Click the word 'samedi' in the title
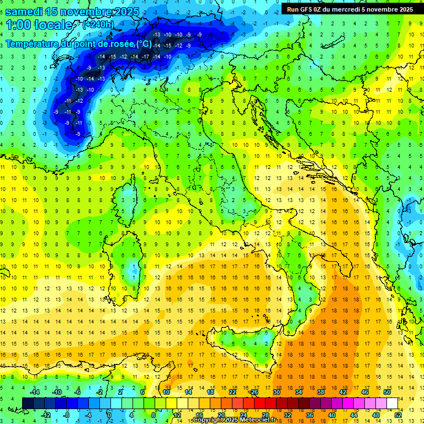pos(27,11)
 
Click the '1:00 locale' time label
pos(39,25)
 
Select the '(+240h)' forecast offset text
pos(98,25)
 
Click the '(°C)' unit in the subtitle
pos(144,43)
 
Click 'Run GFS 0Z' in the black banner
pos(304,9)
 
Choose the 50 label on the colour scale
pos(387,392)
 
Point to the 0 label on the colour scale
pos(109,415)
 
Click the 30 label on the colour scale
pos(277,392)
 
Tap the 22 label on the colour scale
pos(232,392)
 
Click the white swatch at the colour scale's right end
pos(392,403)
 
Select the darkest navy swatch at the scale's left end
pos(28,403)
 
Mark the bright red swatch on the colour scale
pos(259,403)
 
